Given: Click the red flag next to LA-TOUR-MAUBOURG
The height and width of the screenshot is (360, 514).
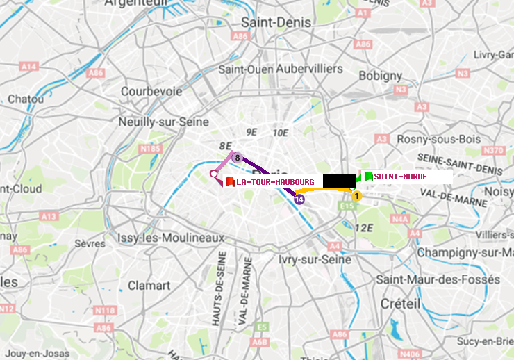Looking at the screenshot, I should [230, 183].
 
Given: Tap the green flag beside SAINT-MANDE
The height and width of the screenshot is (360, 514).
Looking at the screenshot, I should [368, 177].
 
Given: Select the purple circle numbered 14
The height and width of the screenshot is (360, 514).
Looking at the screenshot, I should [299, 199].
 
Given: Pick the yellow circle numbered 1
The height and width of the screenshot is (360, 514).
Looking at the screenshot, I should [357, 196].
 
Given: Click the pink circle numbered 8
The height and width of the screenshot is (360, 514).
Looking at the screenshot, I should [237, 158].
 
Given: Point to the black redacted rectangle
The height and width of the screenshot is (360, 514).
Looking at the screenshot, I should [339, 181].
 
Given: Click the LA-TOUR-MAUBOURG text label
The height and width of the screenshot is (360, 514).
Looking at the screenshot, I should [275, 182].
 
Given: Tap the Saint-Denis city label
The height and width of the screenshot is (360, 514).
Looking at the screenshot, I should [276, 22].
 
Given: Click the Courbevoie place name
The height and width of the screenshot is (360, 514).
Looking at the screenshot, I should [151, 91].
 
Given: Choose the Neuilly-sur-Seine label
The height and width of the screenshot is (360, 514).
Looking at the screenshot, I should [164, 122].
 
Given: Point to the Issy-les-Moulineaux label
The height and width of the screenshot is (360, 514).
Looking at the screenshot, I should [171, 238].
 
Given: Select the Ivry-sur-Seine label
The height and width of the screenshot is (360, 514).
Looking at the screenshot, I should [315, 259].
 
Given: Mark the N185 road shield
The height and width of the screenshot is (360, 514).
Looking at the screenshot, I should [150, 148].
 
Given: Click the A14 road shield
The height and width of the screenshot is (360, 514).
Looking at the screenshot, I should [28, 66].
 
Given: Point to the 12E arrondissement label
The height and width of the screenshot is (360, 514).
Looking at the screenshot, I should [364, 227].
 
